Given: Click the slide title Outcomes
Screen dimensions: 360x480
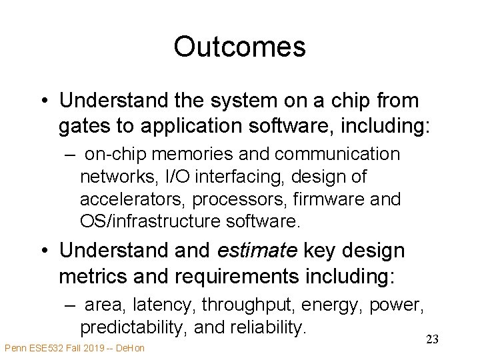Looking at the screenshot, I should (x=239, y=47).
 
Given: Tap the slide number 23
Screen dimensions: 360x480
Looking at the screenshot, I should (x=432, y=340).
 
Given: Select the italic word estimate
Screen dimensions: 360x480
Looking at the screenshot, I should (x=257, y=251).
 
